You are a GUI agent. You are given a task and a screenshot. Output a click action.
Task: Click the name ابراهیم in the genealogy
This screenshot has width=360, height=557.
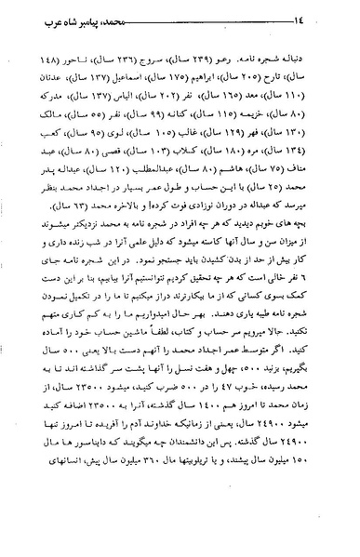coord(219,75)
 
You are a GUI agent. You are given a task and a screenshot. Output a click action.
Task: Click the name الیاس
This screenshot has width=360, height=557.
coord(113,96)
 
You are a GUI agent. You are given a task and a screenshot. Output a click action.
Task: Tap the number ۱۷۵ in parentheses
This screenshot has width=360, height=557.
coord(188,75)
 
